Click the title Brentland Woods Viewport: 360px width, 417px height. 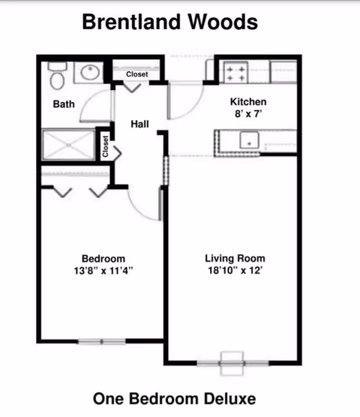tap(169, 22)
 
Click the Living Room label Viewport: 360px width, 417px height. tap(233, 259)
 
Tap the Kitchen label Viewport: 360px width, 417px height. tap(248, 102)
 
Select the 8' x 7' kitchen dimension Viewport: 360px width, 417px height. tap(248, 115)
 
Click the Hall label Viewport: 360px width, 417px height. tap(139, 123)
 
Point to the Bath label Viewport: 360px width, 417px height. tap(63, 104)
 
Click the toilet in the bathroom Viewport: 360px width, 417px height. tap(56, 75)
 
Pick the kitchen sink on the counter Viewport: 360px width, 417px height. tap(248, 140)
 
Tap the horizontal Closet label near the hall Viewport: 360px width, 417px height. tap(137, 74)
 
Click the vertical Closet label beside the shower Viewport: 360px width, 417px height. tap(106, 146)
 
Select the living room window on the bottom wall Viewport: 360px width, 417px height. tap(232, 363)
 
